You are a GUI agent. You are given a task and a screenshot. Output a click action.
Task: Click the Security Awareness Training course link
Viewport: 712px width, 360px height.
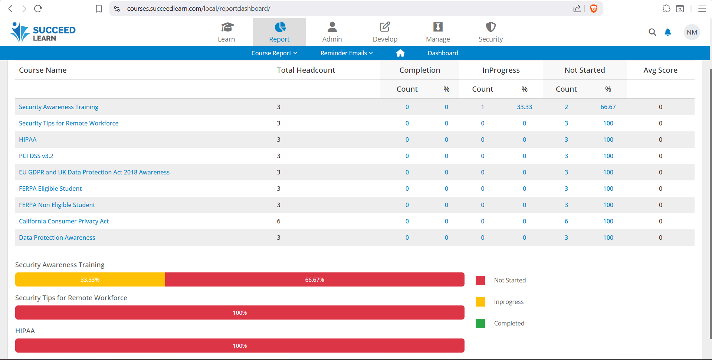pyautogui.click(x=59, y=107)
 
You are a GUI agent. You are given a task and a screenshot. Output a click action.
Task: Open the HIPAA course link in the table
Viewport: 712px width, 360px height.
pyautogui.click(x=28, y=140)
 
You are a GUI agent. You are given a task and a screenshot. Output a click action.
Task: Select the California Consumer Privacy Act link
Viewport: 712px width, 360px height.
pyautogui.click(x=64, y=221)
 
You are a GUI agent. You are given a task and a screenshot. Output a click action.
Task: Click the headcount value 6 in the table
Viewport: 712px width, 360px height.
pyautogui.click(x=279, y=221)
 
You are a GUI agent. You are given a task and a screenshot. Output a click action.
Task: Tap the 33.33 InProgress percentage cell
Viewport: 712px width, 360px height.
pyautogui.click(x=524, y=107)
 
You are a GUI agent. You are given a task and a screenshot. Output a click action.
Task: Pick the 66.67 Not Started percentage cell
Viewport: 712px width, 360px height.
pyautogui.click(x=608, y=107)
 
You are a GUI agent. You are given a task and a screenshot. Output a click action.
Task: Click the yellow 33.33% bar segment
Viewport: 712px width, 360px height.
pyautogui.click(x=90, y=279)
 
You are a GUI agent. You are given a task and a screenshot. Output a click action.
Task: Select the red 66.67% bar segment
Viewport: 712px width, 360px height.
pyautogui.click(x=315, y=279)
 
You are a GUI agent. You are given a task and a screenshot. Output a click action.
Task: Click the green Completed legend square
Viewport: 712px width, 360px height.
pyautogui.click(x=480, y=323)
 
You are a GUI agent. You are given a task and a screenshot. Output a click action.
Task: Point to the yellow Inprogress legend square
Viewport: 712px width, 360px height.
pyautogui.click(x=480, y=302)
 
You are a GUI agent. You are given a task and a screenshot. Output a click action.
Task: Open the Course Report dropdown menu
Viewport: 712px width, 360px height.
pyautogui.click(x=274, y=53)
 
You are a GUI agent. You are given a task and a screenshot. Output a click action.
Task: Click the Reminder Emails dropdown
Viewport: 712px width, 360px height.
pyautogui.click(x=347, y=53)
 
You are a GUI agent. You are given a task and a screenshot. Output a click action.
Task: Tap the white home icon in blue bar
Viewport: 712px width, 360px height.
pyautogui.click(x=400, y=53)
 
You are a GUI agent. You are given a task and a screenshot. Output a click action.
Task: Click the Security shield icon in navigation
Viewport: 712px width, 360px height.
pyautogui.click(x=490, y=27)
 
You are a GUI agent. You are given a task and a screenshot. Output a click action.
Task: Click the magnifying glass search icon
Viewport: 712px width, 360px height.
pyautogui.click(x=652, y=32)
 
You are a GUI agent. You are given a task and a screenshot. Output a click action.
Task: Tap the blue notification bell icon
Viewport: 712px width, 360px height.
pyautogui.click(x=668, y=32)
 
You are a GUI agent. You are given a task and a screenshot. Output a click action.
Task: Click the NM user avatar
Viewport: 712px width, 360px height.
pyautogui.click(x=692, y=32)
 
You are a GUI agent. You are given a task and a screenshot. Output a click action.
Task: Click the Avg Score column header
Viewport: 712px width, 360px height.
pyautogui.click(x=660, y=70)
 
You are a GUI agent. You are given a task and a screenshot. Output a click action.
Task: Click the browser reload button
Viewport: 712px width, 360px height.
pyautogui.click(x=38, y=9)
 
